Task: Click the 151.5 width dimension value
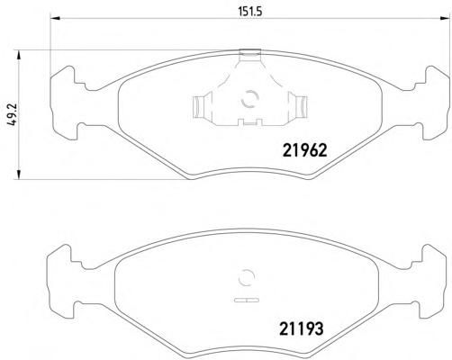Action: click(250, 12)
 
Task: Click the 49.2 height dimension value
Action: click(14, 115)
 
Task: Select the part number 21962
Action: click(304, 150)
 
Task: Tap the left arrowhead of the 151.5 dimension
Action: click(56, 19)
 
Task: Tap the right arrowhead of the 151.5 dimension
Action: click(446, 19)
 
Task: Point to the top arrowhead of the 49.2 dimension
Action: click(19, 56)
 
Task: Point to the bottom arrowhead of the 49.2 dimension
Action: click(19, 174)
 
